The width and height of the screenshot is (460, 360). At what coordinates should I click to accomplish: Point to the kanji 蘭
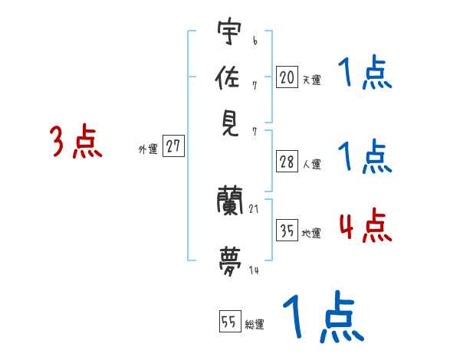tap(231, 202)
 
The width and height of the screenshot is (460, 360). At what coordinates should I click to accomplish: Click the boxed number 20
tap(287, 77)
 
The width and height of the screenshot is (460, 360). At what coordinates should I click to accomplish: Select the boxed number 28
tap(287, 162)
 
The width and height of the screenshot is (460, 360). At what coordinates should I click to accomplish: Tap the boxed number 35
tap(287, 231)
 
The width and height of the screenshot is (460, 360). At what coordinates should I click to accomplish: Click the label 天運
tap(311, 79)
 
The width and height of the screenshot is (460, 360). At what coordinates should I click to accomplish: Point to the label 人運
tap(311, 164)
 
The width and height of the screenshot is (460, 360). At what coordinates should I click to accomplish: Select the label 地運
tap(311, 233)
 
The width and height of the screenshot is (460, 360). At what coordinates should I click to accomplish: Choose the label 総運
tap(255, 324)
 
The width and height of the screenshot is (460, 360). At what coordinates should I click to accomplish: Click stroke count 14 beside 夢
tap(254, 270)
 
